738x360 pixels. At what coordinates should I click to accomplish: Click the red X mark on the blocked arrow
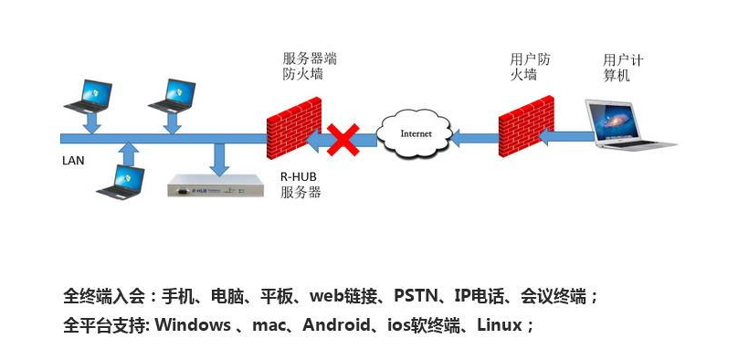(343, 140)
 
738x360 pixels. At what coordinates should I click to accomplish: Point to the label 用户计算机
(623, 68)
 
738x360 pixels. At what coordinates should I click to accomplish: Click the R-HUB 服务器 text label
(300, 185)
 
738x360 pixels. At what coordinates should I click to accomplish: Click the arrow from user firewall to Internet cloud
(475, 138)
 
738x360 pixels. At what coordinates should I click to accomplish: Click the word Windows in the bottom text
(193, 324)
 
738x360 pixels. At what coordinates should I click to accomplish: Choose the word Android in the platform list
(336, 324)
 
